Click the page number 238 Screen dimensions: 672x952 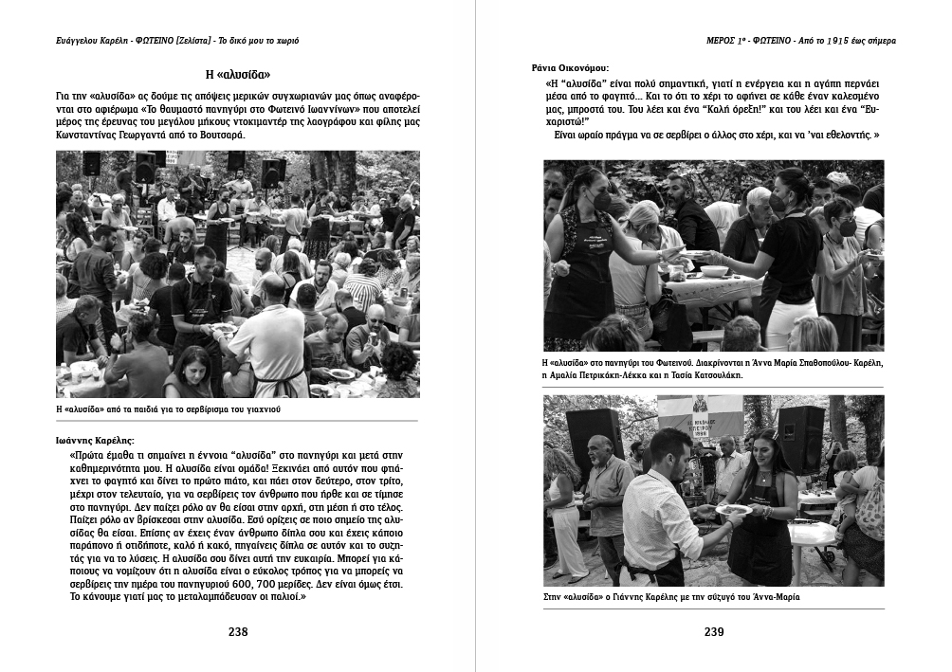pyautogui.click(x=238, y=632)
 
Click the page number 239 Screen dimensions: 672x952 pyautogui.click(x=714, y=632)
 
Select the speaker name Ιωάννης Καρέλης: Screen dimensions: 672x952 pyautogui.click(x=96, y=441)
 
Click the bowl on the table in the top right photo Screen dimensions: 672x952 pyautogui.click(x=714, y=271)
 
